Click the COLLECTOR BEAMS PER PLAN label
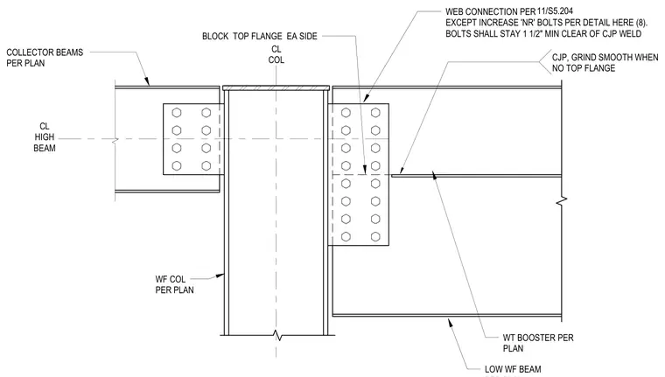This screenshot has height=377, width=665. (45, 58)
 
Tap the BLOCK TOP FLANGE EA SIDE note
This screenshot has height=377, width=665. (260, 36)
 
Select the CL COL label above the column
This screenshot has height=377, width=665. (276, 55)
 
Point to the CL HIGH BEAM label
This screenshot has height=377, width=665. (45, 137)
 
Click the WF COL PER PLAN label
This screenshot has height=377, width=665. (174, 284)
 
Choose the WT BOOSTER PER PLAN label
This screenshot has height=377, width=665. (538, 343)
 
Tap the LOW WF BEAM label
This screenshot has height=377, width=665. (513, 369)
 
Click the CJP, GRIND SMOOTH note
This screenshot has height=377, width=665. (605, 63)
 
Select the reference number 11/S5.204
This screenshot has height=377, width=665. (555, 11)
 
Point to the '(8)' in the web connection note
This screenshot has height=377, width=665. (640, 23)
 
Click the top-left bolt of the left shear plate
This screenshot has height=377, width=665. (177, 113)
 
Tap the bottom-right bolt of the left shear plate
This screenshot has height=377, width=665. (206, 166)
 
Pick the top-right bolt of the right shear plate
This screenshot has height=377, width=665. (375, 113)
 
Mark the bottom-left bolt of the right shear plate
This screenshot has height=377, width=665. (346, 237)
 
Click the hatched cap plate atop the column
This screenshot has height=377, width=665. (276, 88)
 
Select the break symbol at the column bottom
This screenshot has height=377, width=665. (277, 335)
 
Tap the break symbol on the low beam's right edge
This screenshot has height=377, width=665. (562, 200)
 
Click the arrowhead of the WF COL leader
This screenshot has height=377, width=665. (220, 276)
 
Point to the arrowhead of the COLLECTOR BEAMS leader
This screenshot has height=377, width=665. (147, 81)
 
